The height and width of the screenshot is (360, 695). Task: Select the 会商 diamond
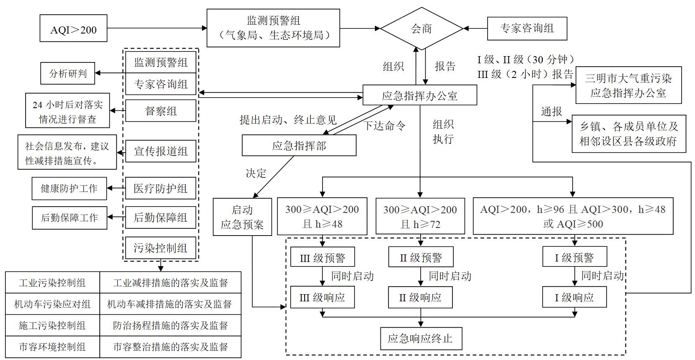point(421,28)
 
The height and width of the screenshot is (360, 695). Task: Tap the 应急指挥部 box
point(299,145)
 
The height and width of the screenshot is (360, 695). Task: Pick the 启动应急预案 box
point(242,217)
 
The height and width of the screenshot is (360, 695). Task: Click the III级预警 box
point(322,257)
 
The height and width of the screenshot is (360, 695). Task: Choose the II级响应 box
point(420,298)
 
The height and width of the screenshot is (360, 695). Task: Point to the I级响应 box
point(574,298)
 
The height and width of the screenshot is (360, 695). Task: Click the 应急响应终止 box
point(420,338)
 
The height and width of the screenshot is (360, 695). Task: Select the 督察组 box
point(161,111)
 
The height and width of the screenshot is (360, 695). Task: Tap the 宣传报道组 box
point(161,151)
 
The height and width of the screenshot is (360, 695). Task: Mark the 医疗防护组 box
point(161,188)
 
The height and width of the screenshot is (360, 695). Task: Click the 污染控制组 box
point(161,248)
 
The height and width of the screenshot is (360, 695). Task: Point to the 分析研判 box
point(68,73)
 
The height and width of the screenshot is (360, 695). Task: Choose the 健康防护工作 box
point(69,188)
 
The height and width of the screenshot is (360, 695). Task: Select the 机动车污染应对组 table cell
point(52,304)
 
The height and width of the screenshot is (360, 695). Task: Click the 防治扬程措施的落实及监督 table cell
point(170,325)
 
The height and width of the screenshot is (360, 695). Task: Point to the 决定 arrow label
point(256,173)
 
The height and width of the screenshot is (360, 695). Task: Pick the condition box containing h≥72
point(420,216)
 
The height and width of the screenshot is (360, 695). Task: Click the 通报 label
point(551,111)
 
